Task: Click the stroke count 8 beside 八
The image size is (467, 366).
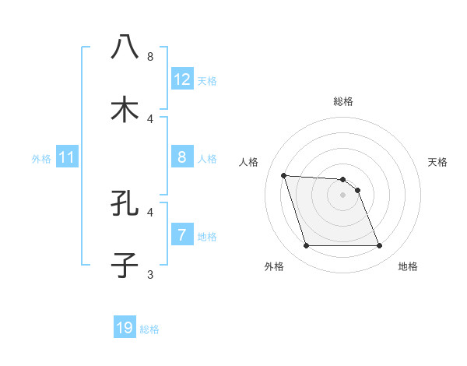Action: point(150,56)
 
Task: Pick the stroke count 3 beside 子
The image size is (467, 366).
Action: point(150,274)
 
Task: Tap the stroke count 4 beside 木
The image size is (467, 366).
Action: point(150,118)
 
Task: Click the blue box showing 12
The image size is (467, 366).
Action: point(182,79)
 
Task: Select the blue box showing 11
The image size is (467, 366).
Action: point(67,158)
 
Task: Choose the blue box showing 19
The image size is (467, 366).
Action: point(125,328)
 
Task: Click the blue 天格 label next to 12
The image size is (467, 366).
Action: point(207,81)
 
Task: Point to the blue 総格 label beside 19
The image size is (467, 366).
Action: point(149,329)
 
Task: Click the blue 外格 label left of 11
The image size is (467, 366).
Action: point(41,159)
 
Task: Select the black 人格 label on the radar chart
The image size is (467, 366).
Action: point(249,162)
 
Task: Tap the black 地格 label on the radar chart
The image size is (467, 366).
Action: point(408,266)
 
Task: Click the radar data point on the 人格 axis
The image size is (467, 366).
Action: point(283,175)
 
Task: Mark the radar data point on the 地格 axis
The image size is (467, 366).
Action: point(379,246)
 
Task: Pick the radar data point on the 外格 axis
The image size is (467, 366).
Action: point(306,246)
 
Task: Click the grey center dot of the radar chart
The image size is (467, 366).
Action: point(342,195)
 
